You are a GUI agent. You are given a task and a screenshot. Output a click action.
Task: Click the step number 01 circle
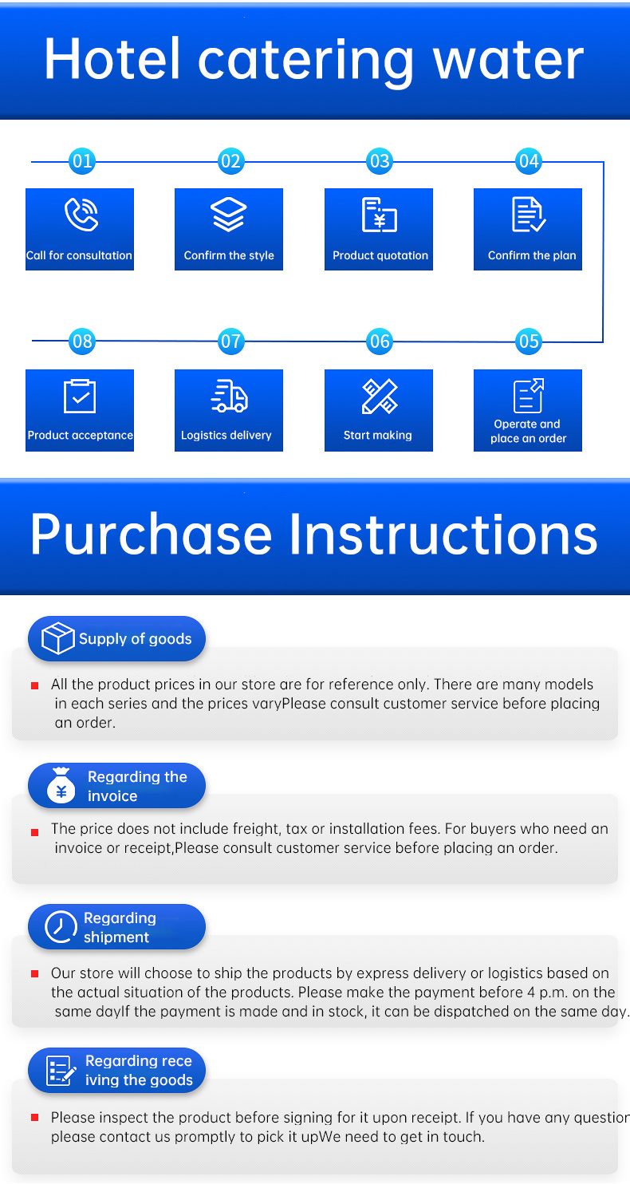[82, 161]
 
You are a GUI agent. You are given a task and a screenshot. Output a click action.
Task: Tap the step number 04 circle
[529, 161]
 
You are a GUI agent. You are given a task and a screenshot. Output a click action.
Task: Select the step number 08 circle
[82, 341]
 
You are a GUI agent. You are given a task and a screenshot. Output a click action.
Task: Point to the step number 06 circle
[380, 341]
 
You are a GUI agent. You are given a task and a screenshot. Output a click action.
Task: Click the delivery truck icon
[229, 396]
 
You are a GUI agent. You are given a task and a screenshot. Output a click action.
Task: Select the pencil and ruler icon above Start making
[379, 396]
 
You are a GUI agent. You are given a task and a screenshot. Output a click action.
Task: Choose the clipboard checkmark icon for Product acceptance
[80, 396]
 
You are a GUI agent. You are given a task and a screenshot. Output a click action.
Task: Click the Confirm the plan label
[531, 256]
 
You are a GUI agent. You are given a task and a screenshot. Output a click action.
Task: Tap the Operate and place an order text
[528, 432]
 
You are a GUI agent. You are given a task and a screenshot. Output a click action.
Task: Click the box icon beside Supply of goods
[57, 639]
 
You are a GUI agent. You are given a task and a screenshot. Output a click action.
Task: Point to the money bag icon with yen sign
[61, 787]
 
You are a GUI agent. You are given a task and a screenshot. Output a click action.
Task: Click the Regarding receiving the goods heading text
[139, 1071]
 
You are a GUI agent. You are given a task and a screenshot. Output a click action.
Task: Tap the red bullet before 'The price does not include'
[35, 832]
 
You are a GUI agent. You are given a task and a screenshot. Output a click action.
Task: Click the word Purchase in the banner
[151, 535]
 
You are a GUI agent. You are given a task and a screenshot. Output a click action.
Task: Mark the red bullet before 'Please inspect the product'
[35, 1119]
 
